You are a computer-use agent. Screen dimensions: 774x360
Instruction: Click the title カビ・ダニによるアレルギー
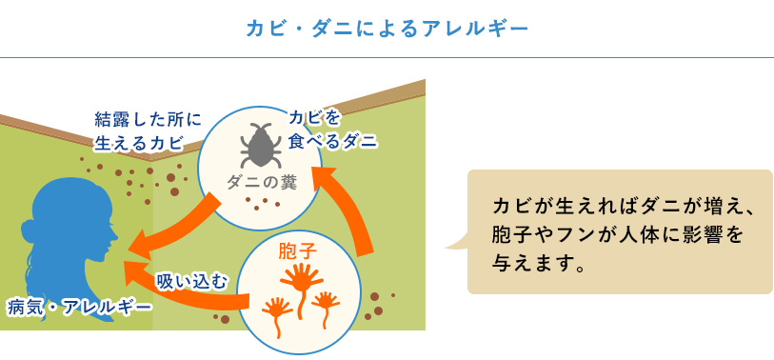(387, 30)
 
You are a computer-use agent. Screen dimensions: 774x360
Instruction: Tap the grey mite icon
(261, 145)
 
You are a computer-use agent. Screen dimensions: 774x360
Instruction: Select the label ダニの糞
(262, 183)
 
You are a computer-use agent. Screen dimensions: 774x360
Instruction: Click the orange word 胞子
(297, 250)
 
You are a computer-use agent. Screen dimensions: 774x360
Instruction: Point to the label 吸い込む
(192, 281)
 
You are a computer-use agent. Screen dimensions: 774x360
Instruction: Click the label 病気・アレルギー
(79, 309)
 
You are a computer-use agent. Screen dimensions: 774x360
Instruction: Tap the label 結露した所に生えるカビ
(148, 131)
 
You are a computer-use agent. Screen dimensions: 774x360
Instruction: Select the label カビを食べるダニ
(332, 130)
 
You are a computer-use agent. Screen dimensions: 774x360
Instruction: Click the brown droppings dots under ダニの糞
(263, 203)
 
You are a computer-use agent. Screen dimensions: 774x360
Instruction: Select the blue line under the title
(387, 58)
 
